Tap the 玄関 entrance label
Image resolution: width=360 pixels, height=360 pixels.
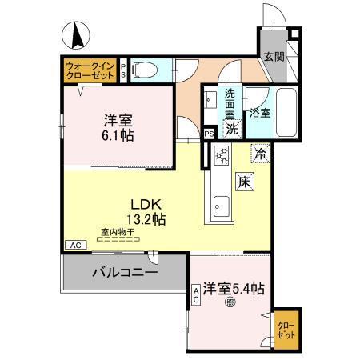click(x=274, y=57)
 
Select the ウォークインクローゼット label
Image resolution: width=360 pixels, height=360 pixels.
click(x=89, y=68)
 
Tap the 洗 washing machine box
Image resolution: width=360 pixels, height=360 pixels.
click(x=231, y=128)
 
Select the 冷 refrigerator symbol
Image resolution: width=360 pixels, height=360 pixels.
click(x=261, y=151)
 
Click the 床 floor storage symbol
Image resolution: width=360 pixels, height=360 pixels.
click(x=243, y=182)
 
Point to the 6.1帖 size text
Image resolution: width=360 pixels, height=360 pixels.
click(x=118, y=137)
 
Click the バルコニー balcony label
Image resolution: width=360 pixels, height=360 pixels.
click(x=123, y=271)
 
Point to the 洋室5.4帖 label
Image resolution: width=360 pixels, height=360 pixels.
click(x=234, y=286)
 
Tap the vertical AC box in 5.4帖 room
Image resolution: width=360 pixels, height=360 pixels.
click(x=195, y=297)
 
